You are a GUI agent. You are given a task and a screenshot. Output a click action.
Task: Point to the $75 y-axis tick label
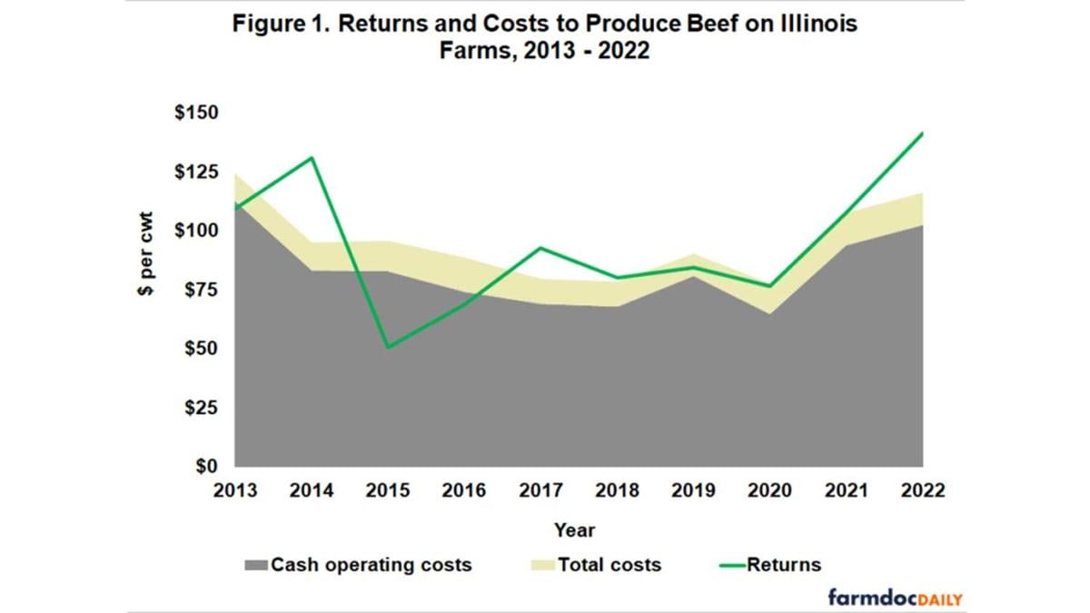197,290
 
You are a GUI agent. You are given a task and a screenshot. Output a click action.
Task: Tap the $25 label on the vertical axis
197,408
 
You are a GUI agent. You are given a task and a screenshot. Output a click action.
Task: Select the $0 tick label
206,467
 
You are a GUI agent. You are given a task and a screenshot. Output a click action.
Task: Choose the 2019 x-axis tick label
692,491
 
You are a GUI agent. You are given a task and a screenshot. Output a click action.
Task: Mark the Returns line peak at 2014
312,158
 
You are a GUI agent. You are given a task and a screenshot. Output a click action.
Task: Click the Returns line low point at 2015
389,347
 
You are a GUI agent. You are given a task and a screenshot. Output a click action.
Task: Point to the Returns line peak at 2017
541,247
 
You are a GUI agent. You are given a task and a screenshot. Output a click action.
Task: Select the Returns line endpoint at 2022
923,133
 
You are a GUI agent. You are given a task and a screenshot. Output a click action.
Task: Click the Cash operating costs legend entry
359,565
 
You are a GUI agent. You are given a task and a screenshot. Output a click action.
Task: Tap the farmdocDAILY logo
895,598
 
